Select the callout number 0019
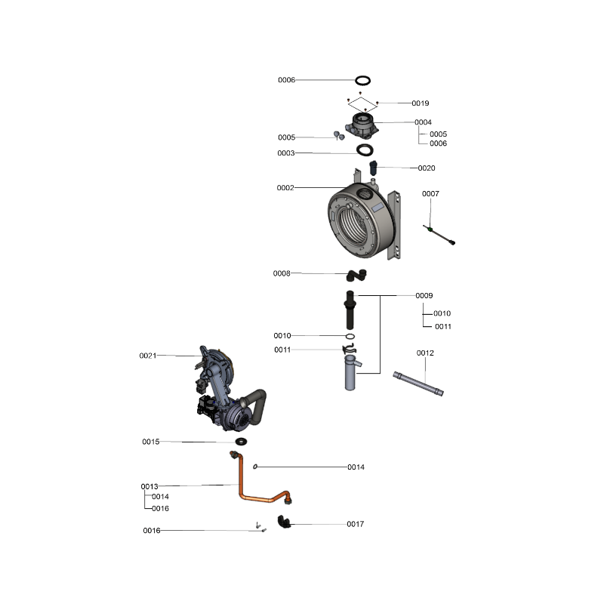pyautogui.click(x=421, y=103)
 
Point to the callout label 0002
pyautogui.click(x=285, y=187)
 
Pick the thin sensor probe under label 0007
pyautogui.click(x=439, y=235)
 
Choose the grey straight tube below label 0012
pyautogui.click(x=418, y=384)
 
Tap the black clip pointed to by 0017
pyautogui.click(x=285, y=522)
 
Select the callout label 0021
pyautogui.click(x=148, y=356)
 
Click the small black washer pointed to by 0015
pyautogui.click(x=241, y=441)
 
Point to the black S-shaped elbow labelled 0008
pyautogui.click(x=356, y=275)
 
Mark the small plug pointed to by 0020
pyautogui.click(x=373, y=167)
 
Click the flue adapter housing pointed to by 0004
pyautogui.click(x=362, y=125)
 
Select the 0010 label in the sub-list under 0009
pyautogui.click(x=442, y=313)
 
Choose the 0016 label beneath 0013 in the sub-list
pyautogui.click(x=160, y=508)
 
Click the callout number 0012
pyautogui.click(x=425, y=353)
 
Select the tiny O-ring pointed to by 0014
pyautogui.click(x=255, y=467)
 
